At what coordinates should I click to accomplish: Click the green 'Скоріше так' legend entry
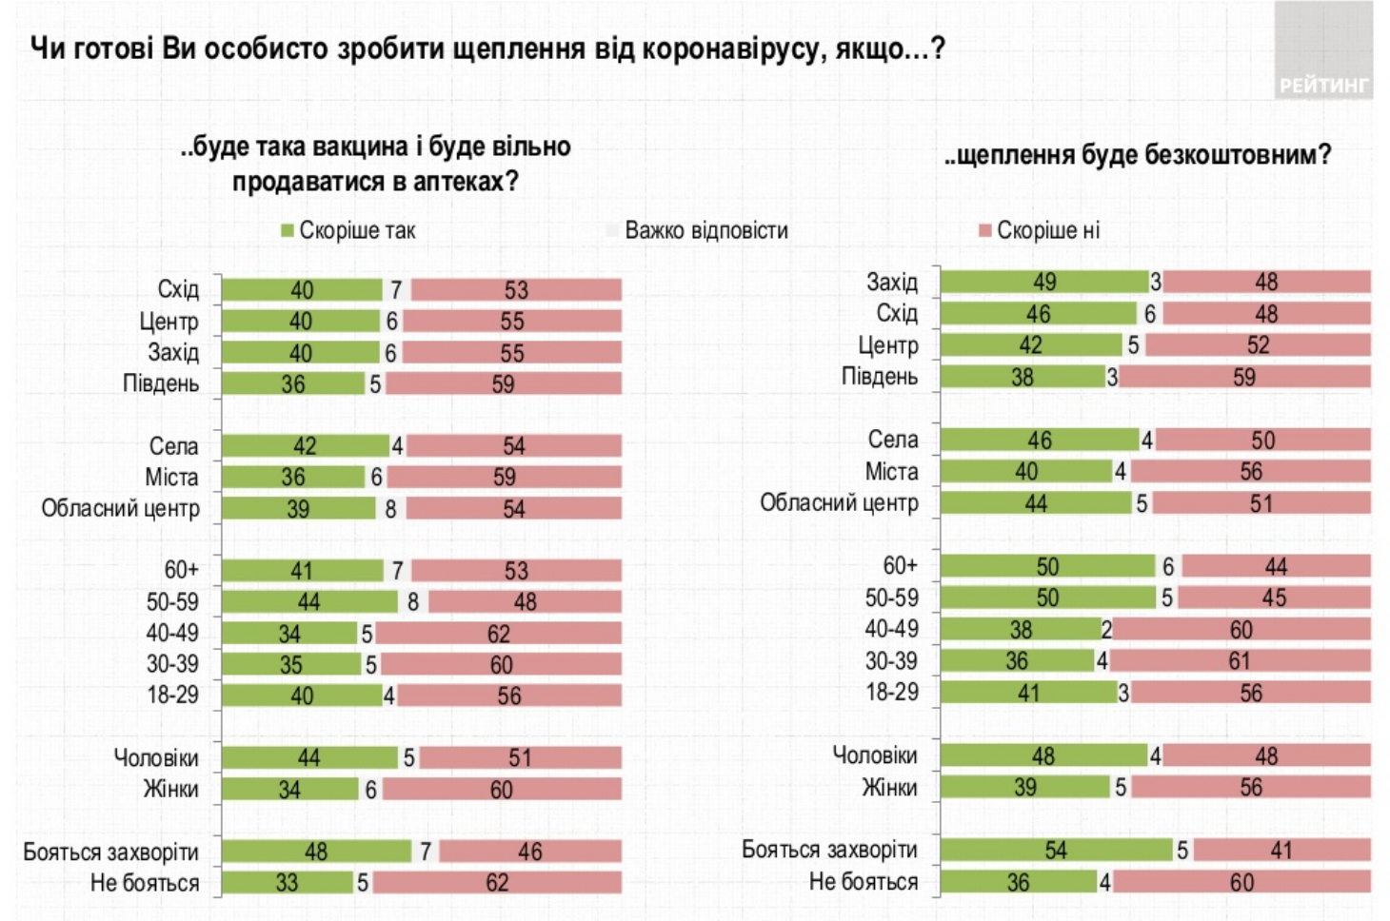pyautogui.click(x=348, y=230)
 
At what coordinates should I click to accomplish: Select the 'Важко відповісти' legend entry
pyautogui.click(x=698, y=230)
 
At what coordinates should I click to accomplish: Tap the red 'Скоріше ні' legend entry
pyautogui.click(x=1040, y=230)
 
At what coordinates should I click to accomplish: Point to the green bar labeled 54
pyautogui.click(x=1056, y=850)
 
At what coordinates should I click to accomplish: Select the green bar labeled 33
pyautogui.click(x=287, y=883)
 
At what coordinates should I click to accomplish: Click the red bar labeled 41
pyautogui.click(x=1281, y=850)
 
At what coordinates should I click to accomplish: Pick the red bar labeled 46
pyautogui.click(x=530, y=852)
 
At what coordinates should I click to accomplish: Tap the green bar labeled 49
pyautogui.click(x=1044, y=282)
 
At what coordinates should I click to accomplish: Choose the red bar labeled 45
pyautogui.click(x=1274, y=598)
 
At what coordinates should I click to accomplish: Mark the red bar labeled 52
pyautogui.click(x=1258, y=345)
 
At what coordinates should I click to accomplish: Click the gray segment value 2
pyautogui.click(x=1106, y=629)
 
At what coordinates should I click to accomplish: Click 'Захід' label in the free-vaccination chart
pyautogui.click(x=892, y=282)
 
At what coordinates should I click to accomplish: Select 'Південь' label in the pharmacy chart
pyautogui.click(x=161, y=383)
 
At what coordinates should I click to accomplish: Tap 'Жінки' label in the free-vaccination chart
pyautogui.click(x=889, y=788)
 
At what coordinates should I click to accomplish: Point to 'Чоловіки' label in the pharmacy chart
pyautogui.click(x=156, y=757)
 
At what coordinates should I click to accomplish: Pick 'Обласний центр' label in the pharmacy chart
pyautogui.click(x=120, y=509)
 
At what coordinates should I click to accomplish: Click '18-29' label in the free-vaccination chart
pyautogui.click(x=892, y=692)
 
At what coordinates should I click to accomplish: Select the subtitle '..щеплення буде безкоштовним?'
pyautogui.click(x=1138, y=155)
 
